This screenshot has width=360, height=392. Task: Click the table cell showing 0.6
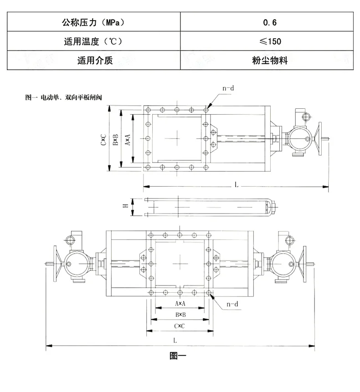tap(270, 22)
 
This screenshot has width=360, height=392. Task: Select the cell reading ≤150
tap(270, 41)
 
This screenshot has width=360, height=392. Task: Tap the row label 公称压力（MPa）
tap(93, 22)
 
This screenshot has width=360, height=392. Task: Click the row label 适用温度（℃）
tap(93, 41)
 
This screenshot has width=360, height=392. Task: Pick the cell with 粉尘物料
tap(270, 60)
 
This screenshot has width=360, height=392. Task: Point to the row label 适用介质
tap(95, 60)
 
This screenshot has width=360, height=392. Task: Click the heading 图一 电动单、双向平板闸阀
tap(63, 97)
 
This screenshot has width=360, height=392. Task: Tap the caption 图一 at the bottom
tap(178, 356)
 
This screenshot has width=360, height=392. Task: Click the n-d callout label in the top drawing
tap(228, 88)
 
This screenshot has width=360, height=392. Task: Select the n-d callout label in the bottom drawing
tap(232, 304)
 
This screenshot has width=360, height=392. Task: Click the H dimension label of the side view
tap(125, 205)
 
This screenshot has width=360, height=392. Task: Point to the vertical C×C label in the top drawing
tap(103, 139)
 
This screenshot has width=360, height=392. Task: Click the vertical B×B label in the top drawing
tap(115, 139)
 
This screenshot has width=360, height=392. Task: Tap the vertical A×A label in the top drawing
tap(128, 139)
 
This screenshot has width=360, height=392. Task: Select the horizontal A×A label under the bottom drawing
tap(180, 304)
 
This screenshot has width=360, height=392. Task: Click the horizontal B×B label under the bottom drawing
tap(180, 315)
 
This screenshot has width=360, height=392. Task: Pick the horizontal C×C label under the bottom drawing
tap(180, 326)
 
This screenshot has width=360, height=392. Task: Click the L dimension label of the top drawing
tap(237, 185)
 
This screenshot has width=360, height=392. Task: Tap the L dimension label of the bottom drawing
tap(175, 340)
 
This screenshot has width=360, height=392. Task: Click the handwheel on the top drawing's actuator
tap(319, 139)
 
